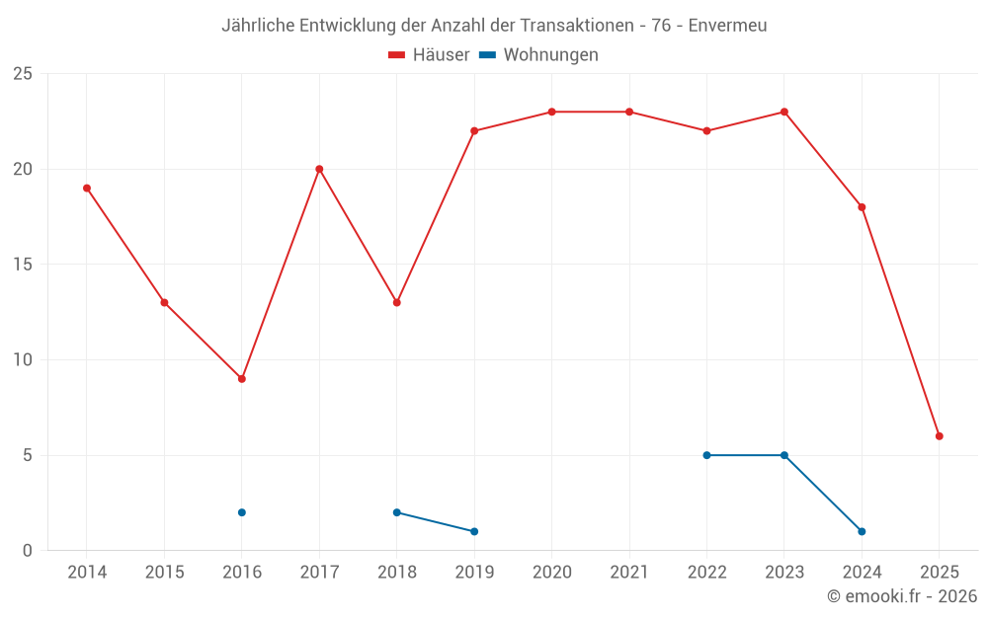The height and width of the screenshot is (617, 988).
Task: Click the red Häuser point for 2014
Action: tap(87, 188)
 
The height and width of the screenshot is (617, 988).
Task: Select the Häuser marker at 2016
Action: tap(241, 379)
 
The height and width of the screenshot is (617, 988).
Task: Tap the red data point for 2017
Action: tap(319, 169)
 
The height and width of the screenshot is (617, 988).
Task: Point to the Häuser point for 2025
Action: tap(940, 436)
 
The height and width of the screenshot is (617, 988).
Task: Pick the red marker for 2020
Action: tap(551, 112)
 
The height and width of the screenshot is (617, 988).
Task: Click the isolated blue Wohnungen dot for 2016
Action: tap(241, 512)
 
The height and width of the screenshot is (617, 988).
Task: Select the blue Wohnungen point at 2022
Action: tap(706, 455)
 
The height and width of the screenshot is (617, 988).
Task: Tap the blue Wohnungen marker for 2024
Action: tap(862, 531)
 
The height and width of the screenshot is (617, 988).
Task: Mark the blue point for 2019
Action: tap(474, 531)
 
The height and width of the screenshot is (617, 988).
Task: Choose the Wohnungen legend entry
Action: tap(550, 55)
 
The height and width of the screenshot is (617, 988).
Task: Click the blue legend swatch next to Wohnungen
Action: tap(488, 55)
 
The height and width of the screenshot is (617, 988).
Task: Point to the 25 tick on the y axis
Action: tap(23, 74)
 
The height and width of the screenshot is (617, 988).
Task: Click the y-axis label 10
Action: tap(23, 360)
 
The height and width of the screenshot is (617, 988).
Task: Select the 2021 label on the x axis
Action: tap(629, 572)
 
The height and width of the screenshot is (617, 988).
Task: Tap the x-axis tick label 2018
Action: tap(396, 572)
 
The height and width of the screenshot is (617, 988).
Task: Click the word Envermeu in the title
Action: tap(727, 26)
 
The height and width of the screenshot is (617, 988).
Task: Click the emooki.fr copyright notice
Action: tap(901, 596)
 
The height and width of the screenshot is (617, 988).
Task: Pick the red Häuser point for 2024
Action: tap(862, 207)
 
